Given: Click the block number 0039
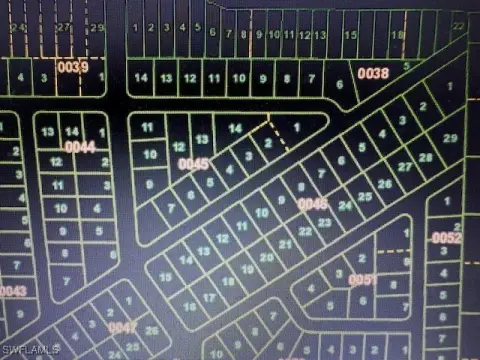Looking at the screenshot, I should (71, 66).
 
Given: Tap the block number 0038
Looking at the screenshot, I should (372, 73).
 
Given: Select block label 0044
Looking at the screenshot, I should (80, 147).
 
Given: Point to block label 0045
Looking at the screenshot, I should (193, 163).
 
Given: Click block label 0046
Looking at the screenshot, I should (313, 204).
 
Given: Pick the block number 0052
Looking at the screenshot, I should (446, 238).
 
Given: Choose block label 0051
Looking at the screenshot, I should (363, 280).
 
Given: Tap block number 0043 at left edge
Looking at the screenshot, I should (13, 291).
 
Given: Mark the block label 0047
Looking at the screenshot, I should (121, 327).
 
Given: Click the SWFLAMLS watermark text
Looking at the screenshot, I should (31, 349).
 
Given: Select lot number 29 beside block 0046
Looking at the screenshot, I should (449, 137).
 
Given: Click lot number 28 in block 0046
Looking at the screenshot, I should (427, 157).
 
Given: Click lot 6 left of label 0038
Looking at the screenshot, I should (340, 84).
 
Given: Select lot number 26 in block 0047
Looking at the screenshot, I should (152, 331).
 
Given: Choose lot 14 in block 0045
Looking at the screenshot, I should (235, 129).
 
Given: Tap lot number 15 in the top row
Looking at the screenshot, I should (350, 34).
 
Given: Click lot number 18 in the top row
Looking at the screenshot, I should (397, 34).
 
